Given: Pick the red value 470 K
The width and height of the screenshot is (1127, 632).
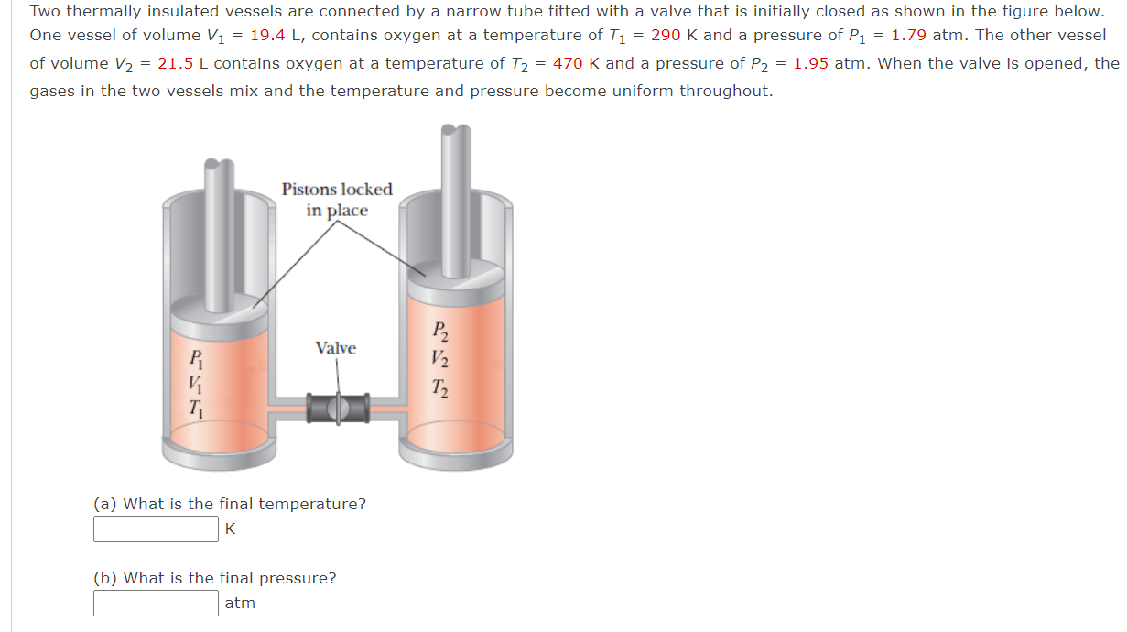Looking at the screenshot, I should (576, 64).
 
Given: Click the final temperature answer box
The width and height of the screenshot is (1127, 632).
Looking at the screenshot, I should (156, 529).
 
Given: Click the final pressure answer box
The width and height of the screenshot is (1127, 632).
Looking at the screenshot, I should (156, 604).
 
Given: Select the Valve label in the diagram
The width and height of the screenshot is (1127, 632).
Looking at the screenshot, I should (335, 348).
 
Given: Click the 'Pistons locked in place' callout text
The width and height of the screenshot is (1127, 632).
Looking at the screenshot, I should (337, 200).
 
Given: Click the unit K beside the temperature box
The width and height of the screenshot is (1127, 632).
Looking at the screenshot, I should (230, 529).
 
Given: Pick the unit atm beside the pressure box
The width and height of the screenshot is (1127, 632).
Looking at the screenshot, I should (240, 604).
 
